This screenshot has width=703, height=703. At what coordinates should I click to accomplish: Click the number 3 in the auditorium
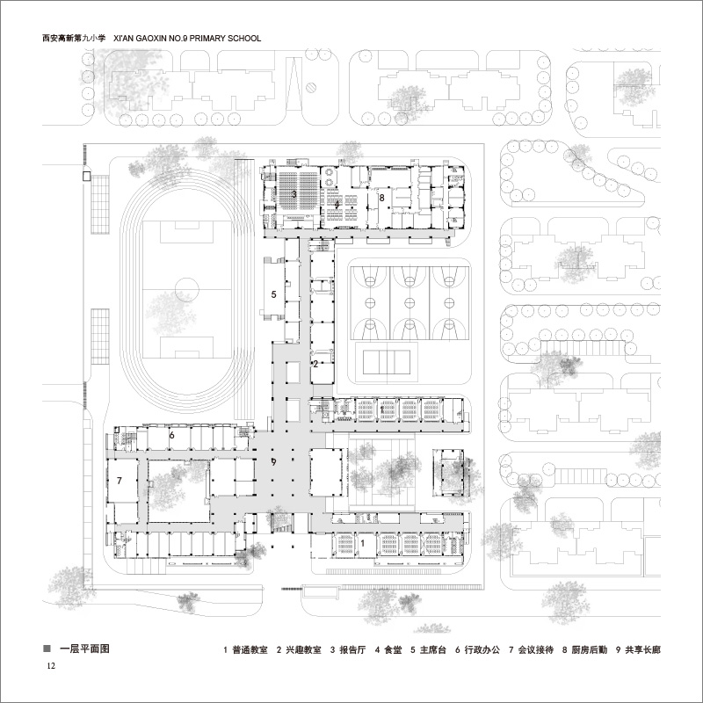pyautogui.click(x=294, y=192)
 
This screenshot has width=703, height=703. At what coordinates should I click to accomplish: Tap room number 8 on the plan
pyautogui.click(x=381, y=199)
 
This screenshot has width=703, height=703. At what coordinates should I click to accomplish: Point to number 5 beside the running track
pyautogui.click(x=274, y=294)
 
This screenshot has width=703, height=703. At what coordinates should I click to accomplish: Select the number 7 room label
pyautogui.click(x=119, y=481)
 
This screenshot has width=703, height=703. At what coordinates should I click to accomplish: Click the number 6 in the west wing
pyautogui.click(x=172, y=435)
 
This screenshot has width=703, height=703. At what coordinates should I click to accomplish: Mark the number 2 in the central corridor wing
pyautogui.click(x=315, y=363)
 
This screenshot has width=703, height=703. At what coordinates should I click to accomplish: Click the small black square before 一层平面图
pyautogui.click(x=47, y=650)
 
